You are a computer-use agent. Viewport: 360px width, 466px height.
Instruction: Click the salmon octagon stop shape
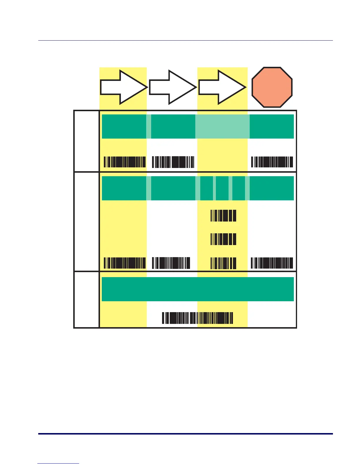(x=272, y=87)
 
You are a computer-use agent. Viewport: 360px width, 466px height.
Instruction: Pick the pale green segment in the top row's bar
(x=222, y=127)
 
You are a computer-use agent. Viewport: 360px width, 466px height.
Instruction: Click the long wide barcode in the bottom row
(x=198, y=318)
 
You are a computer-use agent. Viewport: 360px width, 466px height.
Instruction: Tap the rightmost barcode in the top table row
(x=272, y=162)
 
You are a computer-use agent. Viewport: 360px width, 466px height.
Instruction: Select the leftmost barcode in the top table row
(x=125, y=162)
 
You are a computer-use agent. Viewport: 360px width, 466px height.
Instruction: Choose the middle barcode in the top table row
(x=173, y=162)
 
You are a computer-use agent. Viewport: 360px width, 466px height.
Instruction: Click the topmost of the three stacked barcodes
(x=223, y=216)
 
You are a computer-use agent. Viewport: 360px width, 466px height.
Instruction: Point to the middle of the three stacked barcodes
(x=223, y=239)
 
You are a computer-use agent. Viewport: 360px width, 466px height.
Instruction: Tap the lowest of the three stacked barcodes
(x=223, y=263)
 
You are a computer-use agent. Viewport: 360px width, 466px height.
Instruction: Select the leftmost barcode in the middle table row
(x=125, y=263)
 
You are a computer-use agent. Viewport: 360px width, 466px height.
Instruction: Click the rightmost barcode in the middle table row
(x=272, y=263)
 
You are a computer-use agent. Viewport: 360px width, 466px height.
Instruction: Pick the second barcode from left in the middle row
(x=171, y=263)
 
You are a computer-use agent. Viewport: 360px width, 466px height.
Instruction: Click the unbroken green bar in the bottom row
(x=198, y=289)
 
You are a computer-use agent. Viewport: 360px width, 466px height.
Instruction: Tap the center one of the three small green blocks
(x=222, y=188)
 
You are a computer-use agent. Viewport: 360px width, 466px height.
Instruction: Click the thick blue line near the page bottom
(x=185, y=434)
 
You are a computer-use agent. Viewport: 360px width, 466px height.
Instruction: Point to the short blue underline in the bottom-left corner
(x=58, y=464)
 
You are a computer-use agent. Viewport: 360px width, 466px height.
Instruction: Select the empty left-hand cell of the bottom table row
(x=86, y=299)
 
